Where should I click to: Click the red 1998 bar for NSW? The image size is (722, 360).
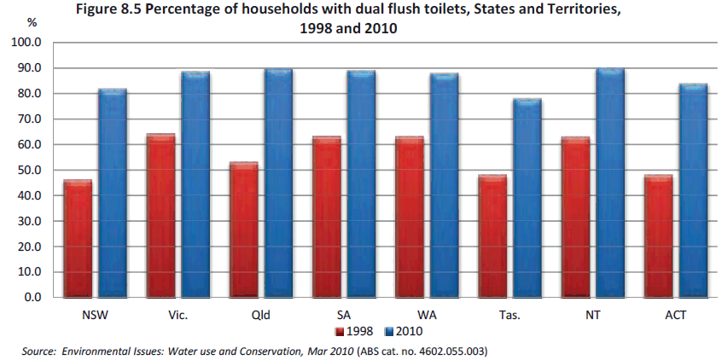[78, 239]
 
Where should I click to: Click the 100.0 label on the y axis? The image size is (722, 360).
[26, 42]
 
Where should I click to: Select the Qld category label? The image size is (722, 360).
[260, 315]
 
